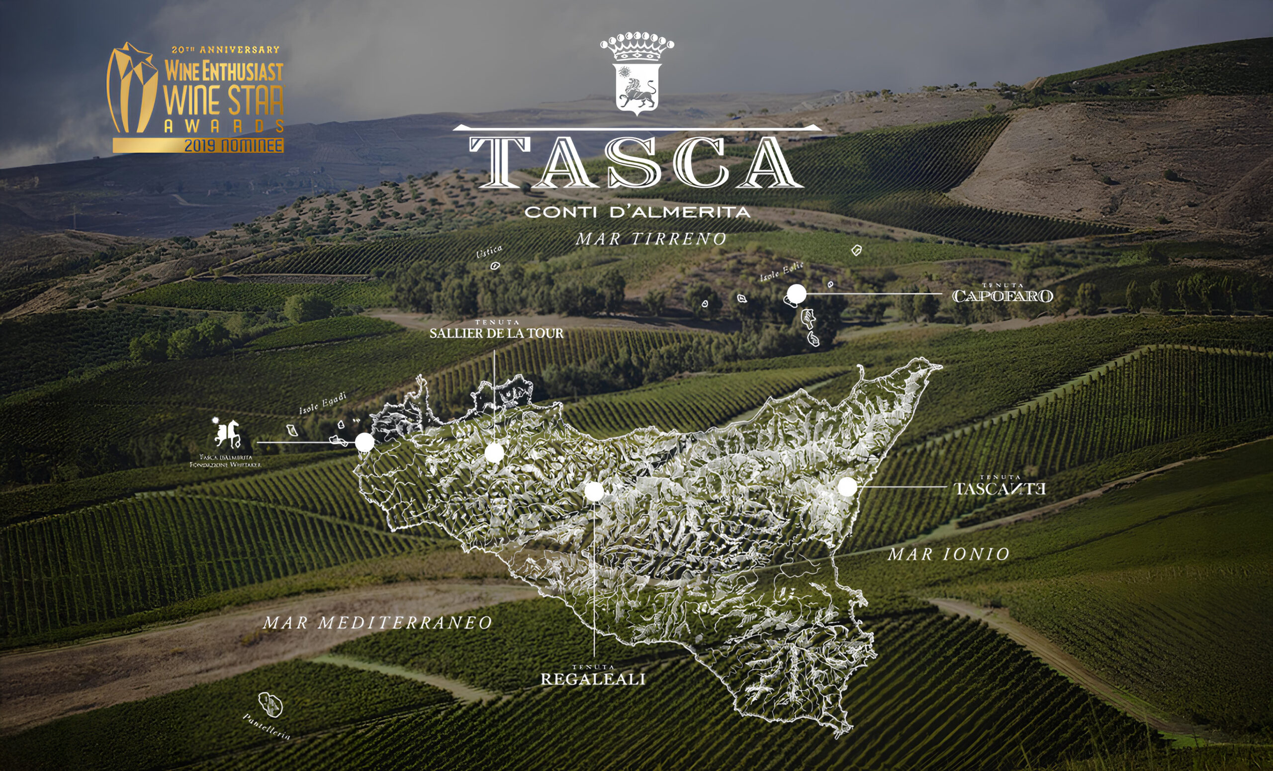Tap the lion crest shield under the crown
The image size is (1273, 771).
637,89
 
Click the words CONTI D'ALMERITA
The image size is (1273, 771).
637,212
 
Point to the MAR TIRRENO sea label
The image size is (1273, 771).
651,239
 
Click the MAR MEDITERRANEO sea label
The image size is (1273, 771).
377,623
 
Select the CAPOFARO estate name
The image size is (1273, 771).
1002,296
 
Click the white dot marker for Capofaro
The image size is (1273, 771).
796,294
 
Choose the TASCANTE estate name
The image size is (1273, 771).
1000,488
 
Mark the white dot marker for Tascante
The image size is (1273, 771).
847,487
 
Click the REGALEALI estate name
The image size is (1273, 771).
593,679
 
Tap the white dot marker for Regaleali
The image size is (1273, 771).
594,491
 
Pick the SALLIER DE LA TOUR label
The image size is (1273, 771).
496,333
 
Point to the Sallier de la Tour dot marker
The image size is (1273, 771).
494,453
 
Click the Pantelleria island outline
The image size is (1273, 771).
270,705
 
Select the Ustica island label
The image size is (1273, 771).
489,251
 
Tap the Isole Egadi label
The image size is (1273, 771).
323,402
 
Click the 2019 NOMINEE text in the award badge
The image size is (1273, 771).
234,146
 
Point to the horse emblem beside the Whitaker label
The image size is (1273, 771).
228,433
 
